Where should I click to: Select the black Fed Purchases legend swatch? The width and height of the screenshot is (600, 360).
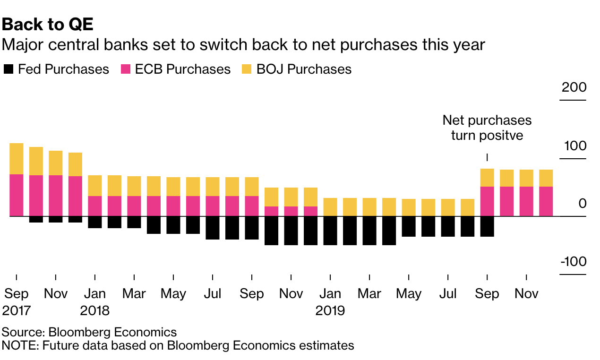(9, 69)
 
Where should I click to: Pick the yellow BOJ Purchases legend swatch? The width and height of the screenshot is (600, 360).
(247, 69)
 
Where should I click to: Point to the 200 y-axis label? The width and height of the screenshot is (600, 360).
(574, 88)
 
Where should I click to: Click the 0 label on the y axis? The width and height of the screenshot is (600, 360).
(582, 204)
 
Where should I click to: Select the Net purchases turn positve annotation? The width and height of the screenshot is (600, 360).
(487, 128)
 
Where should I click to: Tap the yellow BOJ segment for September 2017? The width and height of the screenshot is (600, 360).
(17, 159)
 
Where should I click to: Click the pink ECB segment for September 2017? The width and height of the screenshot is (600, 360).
(17, 195)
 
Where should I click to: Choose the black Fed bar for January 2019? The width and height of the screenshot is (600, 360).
(330, 231)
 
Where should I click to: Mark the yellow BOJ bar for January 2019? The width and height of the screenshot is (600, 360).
(330, 207)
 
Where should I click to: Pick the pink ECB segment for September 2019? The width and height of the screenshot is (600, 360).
(487, 201)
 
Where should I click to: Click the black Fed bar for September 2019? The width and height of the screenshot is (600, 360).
(487, 226)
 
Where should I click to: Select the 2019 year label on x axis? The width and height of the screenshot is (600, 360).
(330, 311)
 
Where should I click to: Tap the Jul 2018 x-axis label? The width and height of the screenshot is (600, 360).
(213, 294)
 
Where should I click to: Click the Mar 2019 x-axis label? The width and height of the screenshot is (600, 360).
(369, 294)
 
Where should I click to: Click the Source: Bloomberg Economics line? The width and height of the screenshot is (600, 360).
(89, 332)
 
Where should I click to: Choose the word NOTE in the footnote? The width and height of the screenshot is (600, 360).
(20, 345)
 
